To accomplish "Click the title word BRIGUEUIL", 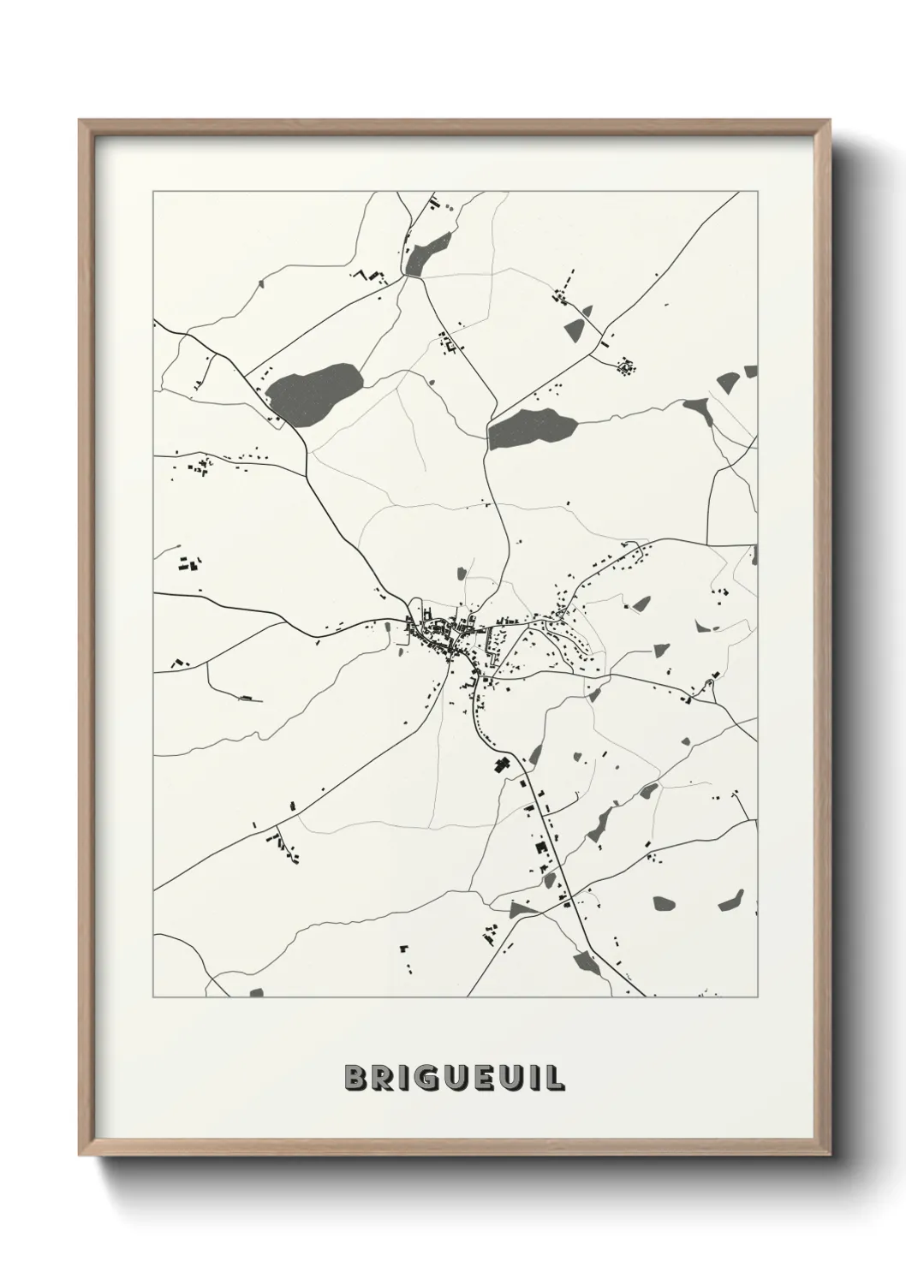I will click(x=454, y=1078).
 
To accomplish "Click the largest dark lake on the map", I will click(x=314, y=391).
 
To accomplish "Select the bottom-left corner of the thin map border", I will click(x=153, y=997).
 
